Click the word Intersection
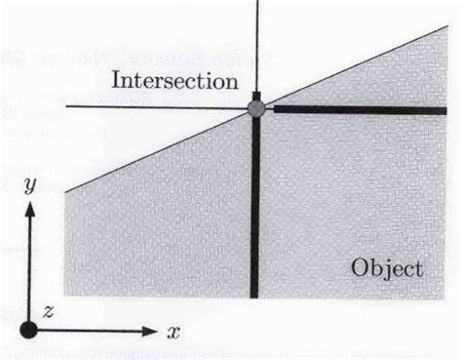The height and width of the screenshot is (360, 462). tap(174, 80)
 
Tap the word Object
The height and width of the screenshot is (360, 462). tap(387, 268)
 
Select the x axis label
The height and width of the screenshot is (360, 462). tap(173, 333)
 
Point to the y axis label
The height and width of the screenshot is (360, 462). tap(30, 185)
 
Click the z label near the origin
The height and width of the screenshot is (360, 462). tap(48, 312)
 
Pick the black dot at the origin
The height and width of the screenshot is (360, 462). tap(28, 330)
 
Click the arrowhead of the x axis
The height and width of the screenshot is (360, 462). tap(150, 332)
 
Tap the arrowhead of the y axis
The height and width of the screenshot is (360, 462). tap(30, 209)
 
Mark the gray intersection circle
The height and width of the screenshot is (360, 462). tap(256, 108)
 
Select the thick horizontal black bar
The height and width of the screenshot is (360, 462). tap(361, 110)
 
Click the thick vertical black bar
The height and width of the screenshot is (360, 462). tap(255, 195)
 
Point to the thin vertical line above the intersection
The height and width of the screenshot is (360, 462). tap(257, 46)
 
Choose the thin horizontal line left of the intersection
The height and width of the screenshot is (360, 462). tap(157, 107)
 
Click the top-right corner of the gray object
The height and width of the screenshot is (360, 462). tap(448, 26)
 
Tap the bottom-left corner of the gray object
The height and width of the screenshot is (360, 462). tap(64, 296)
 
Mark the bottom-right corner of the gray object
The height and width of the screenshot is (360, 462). tap(444, 298)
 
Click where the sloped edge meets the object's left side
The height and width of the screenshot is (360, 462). tap(65, 192)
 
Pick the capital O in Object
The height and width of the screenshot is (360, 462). tap(361, 268)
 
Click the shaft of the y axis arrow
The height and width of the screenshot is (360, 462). tap(29, 269)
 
